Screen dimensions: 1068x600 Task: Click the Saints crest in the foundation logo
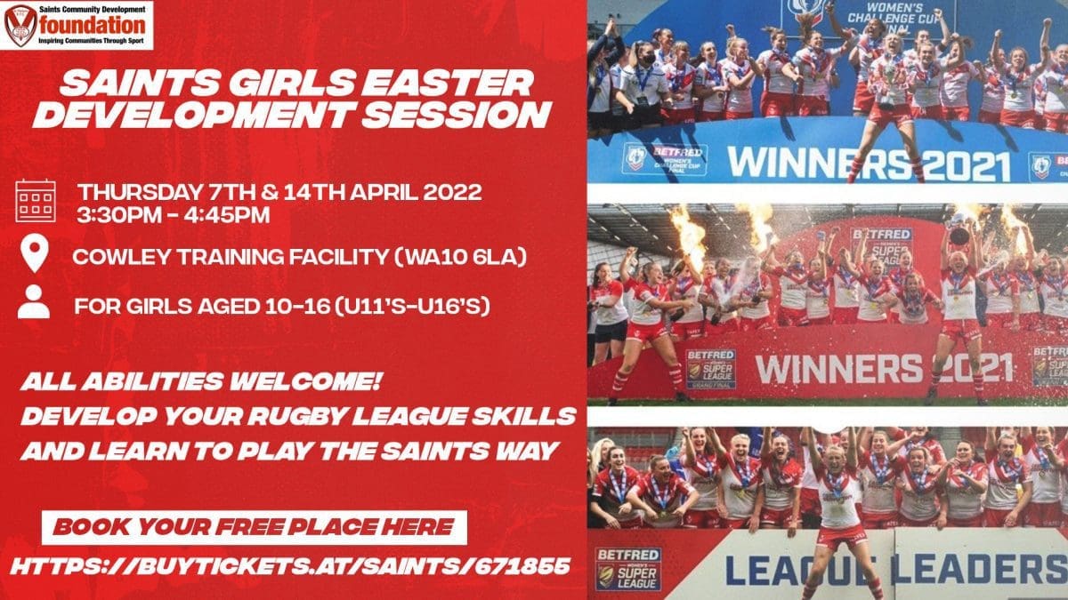coord(20,25)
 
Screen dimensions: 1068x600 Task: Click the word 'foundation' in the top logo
coord(93,25)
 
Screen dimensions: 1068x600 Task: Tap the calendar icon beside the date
coord(36,201)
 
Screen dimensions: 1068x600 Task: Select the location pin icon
coord(35,252)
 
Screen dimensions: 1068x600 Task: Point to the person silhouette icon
coord(34,301)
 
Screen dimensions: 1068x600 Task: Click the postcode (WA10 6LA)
coord(461,257)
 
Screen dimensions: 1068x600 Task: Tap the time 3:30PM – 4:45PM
coord(174,215)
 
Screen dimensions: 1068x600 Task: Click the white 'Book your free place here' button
coord(255,527)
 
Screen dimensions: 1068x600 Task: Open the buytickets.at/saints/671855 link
coord(290,566)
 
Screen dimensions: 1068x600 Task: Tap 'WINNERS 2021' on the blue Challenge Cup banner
coord(869,164)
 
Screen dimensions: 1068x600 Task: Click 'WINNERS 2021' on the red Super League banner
coord(885,370)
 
